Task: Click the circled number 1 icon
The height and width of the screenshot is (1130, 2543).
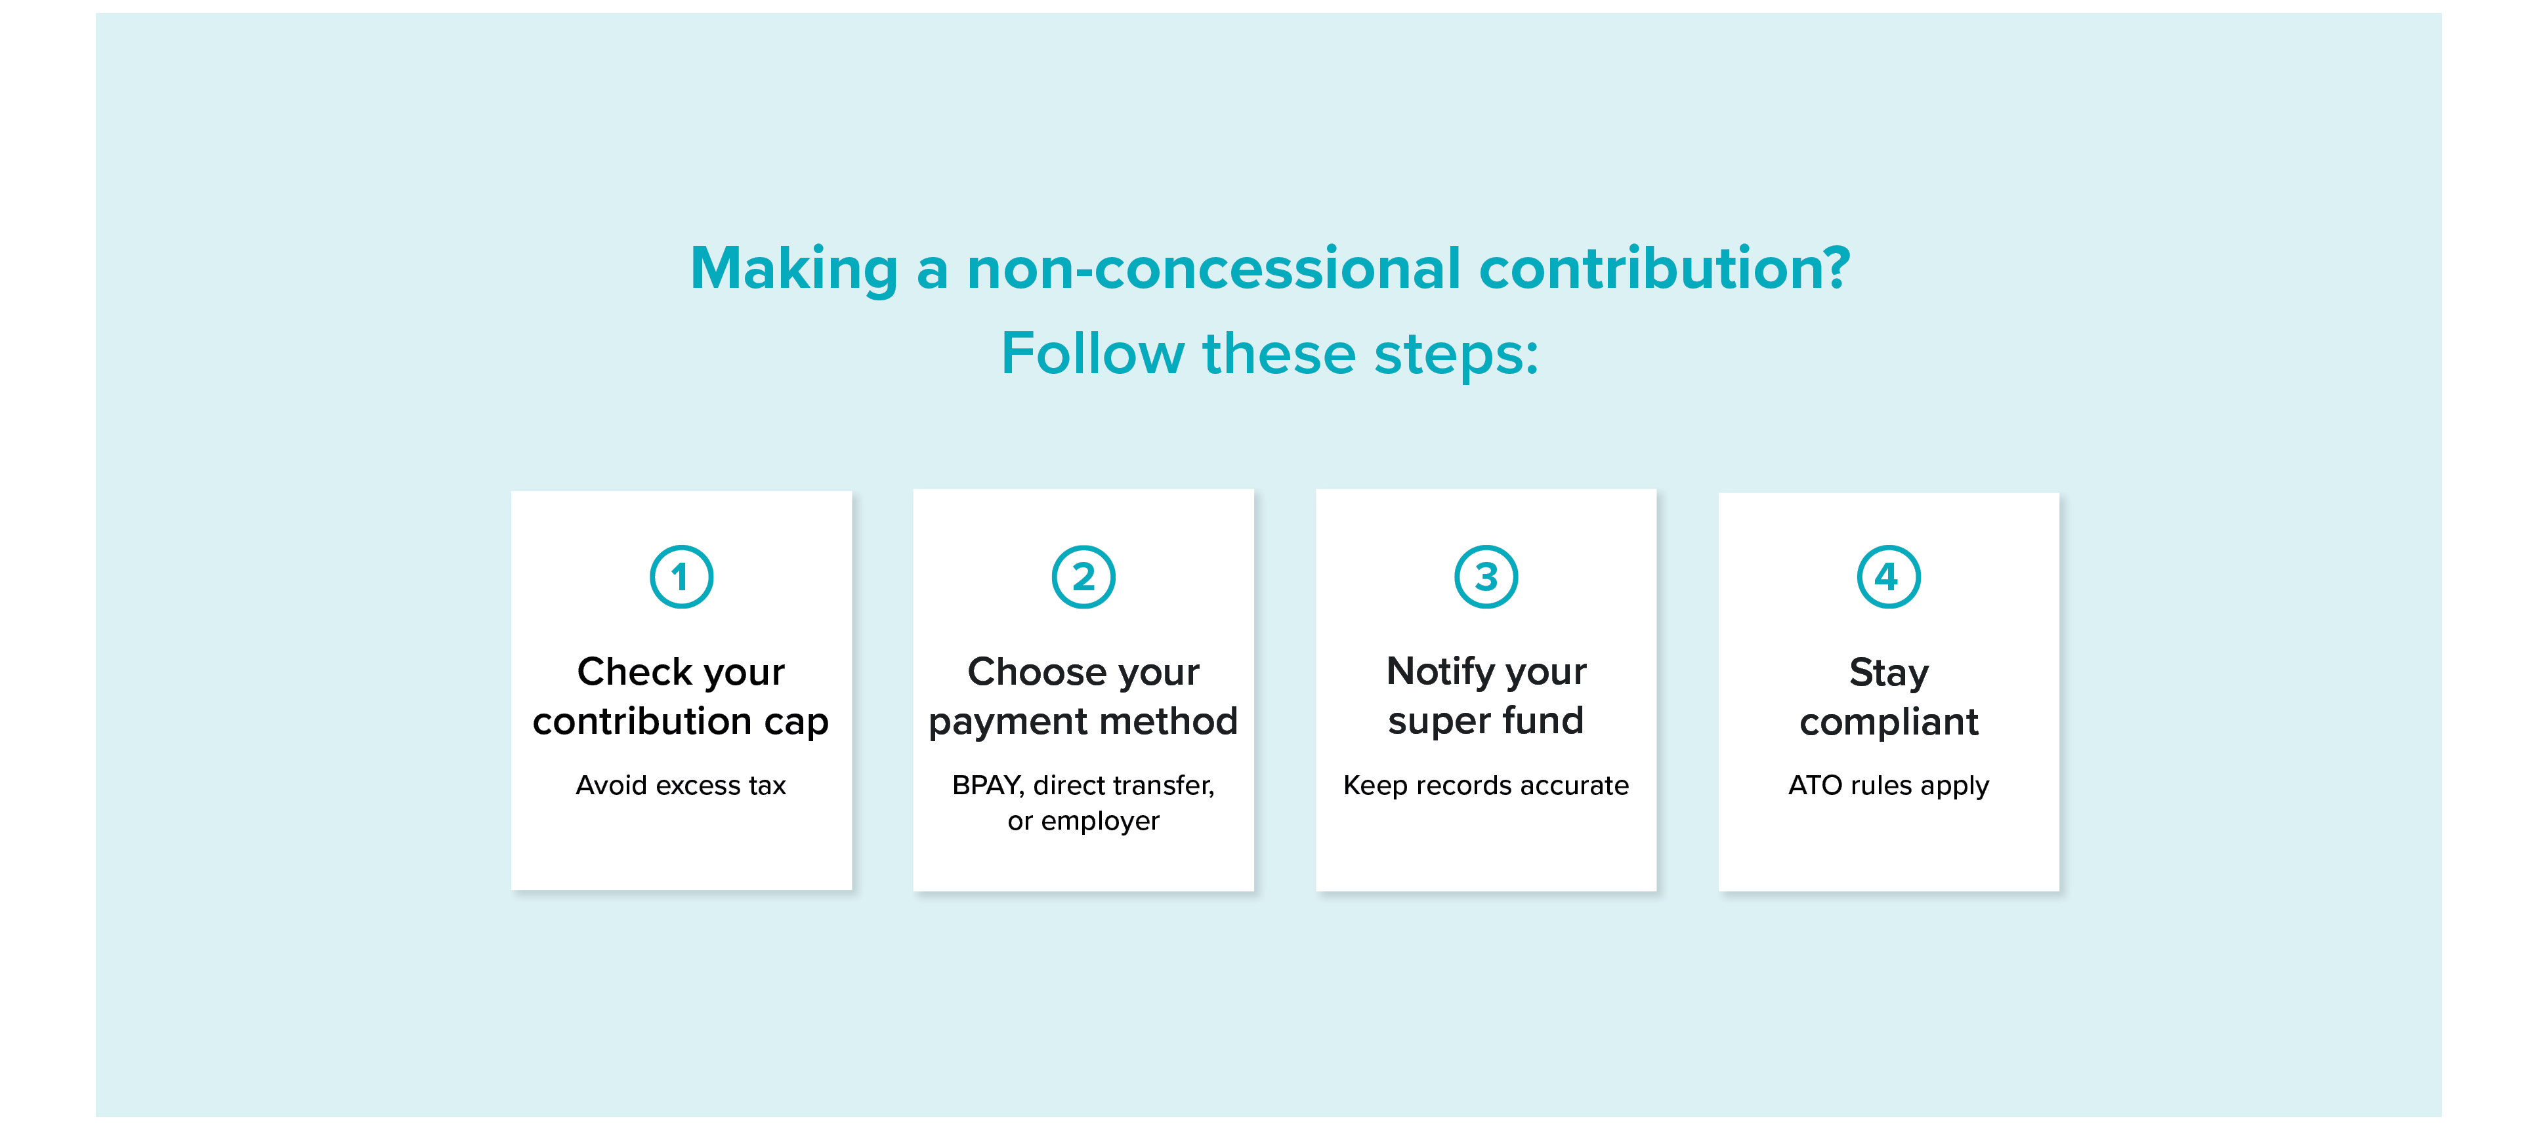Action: pos(681,576)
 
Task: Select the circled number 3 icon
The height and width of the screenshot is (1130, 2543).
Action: pos(1486,576)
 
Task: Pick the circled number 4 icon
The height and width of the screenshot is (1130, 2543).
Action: pos(1889,576)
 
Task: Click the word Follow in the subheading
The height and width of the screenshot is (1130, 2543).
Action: pos(1093,353)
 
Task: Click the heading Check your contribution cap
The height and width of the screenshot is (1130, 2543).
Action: pos(681,696)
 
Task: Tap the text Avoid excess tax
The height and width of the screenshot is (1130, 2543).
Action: pos(681,786)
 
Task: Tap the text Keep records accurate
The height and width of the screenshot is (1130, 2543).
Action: pos(1486,786)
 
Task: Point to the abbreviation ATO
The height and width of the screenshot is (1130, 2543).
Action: pos(1815,786)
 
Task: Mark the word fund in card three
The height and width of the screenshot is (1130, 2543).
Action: pos(1543,721)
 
